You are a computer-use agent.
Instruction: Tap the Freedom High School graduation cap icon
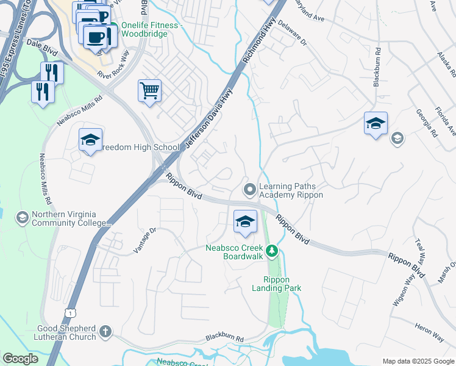pos(90,140)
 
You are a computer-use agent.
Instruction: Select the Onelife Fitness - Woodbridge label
pos(151,29)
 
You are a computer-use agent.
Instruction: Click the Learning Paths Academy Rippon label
pos(291,190)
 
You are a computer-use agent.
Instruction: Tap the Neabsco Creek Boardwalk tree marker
pos(274,251)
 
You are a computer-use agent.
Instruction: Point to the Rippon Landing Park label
pos(278,284)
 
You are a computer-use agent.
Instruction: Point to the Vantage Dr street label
pos(145,242)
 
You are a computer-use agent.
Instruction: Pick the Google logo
pos(20,359)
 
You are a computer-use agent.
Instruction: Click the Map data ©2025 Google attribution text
pos(418,361)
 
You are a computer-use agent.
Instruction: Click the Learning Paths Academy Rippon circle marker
pos(249,190)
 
